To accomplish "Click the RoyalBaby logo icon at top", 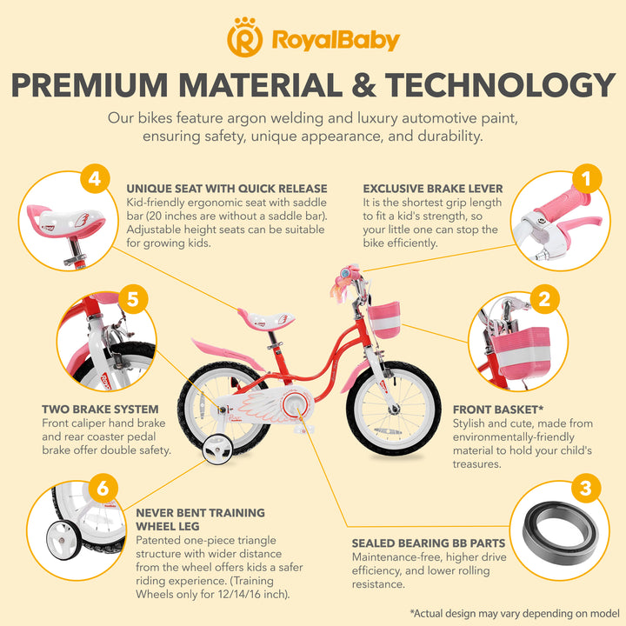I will click(x=245, y=38).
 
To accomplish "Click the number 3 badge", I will click(x=585, y=488).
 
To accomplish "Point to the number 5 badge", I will click(x=132, y=300).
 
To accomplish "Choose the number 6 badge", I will click(x=103, y=488).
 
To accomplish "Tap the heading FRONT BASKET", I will click(x=498, y=409).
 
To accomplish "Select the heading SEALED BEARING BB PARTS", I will click(x=429, y=543).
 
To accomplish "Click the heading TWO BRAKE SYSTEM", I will click(x=100, y=409).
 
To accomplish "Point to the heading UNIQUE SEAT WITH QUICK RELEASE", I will click(x=227, y=188).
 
